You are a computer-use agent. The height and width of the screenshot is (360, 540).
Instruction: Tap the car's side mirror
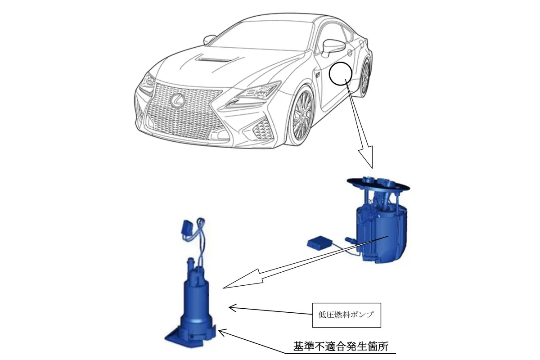pos(333,46)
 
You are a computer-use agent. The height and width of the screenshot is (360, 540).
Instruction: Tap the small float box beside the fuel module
pos(319,243)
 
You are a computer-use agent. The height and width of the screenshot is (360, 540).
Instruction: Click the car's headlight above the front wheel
pos(254,93)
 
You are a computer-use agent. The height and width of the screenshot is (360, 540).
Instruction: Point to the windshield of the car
pos(265,36)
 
